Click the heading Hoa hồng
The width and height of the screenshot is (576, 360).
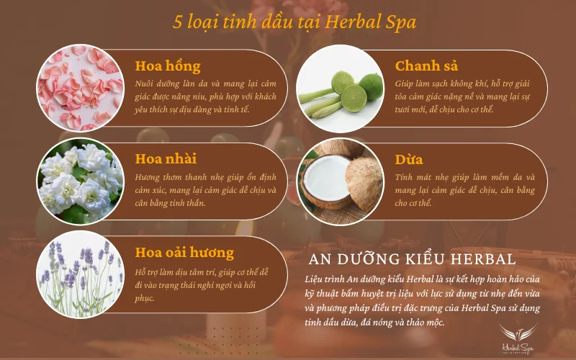(168, 66)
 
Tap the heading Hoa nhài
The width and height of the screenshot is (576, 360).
(166, 159)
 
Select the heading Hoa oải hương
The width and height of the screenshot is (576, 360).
(184, 253)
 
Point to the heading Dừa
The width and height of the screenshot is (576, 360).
(409, 159)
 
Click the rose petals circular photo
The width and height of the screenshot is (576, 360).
(79, 88)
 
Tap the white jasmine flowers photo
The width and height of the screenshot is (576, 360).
(79, 181)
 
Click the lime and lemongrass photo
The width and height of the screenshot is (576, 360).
(340, 88)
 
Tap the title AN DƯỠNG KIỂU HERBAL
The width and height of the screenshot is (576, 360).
(412, 258)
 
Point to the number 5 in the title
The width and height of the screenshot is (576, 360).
(178, 21)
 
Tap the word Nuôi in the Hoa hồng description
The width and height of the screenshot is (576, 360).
(145, 84)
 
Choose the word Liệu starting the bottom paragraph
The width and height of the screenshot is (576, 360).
(318, 279)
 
